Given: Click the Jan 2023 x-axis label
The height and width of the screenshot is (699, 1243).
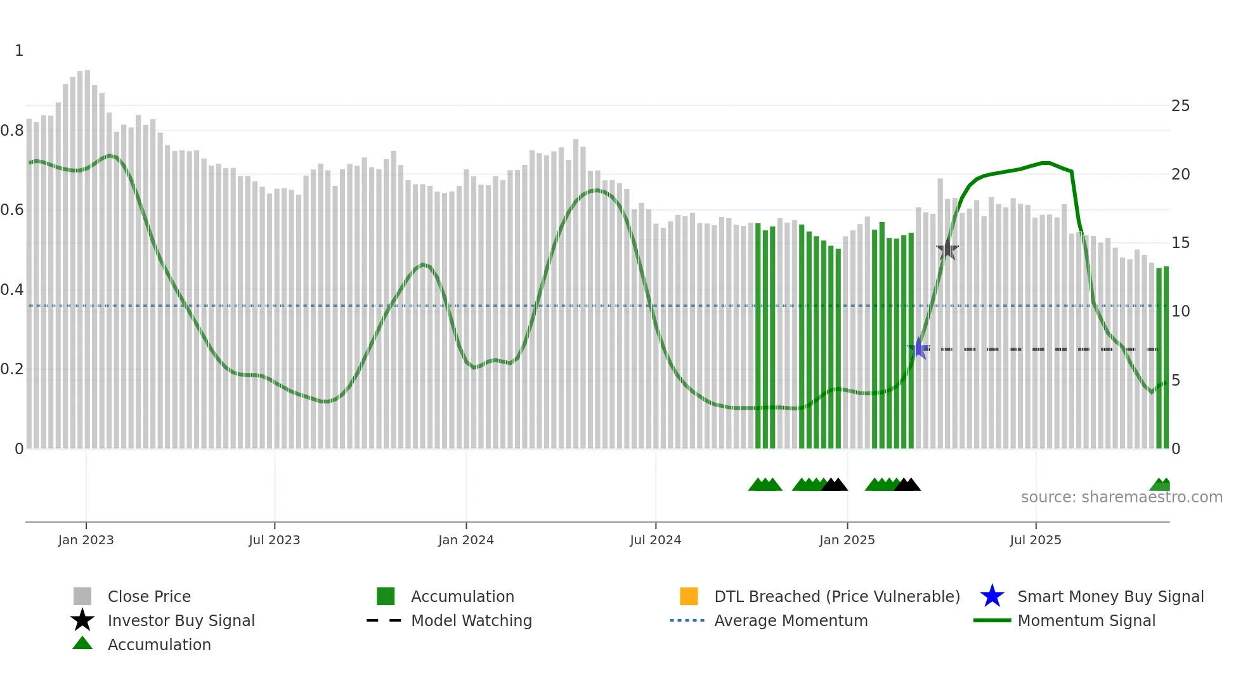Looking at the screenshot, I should click(x=86, y=540).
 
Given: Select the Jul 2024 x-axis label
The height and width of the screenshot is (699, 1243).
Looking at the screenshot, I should click(x=655, y=540).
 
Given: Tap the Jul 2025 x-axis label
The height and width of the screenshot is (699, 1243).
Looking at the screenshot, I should click(x=1035, y=540).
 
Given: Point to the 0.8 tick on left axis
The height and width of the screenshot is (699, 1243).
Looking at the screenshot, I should click(x=12, y=131).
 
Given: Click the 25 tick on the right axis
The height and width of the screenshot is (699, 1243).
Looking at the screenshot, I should click(x=1180, y=106).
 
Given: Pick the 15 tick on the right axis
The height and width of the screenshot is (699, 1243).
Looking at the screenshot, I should click(x=1180, y=243).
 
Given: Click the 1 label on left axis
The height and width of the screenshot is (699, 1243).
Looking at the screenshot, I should click(x=19, y=51).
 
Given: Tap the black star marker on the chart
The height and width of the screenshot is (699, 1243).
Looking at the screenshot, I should click(x=947, y=249).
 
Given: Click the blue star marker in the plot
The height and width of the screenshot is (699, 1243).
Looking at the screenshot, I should click(x=918, y=348).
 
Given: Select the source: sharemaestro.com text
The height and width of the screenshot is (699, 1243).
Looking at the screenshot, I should click(x=1121, y=497).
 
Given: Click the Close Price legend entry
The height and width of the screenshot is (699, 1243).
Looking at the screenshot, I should click(x=149, y=596).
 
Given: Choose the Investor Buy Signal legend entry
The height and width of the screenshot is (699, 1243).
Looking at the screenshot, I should click(x=181, y=620).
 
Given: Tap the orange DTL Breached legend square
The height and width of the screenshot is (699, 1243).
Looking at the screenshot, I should click(x=689, y=596).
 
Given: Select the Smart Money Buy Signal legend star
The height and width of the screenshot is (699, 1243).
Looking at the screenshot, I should click(x=992, y=596).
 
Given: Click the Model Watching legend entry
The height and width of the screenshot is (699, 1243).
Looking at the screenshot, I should click(x=471, y=620).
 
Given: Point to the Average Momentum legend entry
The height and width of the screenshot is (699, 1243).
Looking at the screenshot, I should click(x=790, y=620).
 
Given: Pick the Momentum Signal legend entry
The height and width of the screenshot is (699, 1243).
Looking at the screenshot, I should click(x=1086, y=620).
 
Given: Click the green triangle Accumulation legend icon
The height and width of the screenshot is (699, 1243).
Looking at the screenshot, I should click(x=82, y=644).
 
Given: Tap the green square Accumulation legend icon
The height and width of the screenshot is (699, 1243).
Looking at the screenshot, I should click(x=386, y=596).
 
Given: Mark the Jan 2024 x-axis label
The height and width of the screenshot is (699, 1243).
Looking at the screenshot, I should click(x=465, y=540).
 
